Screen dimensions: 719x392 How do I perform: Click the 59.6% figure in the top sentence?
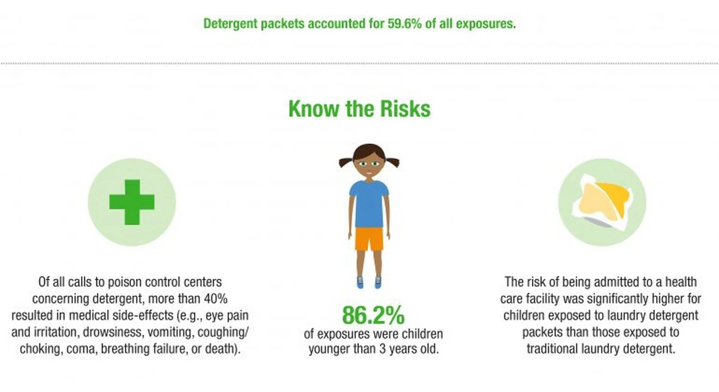point(404,24)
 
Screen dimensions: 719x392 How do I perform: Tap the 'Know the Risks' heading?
point(359,109)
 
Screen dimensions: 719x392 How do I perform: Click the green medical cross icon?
point(132,202)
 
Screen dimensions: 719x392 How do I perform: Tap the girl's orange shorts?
point(369,239)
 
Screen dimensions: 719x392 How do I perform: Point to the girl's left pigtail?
point(345,162)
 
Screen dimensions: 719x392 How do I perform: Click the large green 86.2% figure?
point(373,315)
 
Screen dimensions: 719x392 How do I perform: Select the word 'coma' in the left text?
point(81,349)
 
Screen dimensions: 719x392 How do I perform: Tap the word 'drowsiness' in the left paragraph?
point(104,332)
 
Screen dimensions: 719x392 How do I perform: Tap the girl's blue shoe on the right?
point(378,282)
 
